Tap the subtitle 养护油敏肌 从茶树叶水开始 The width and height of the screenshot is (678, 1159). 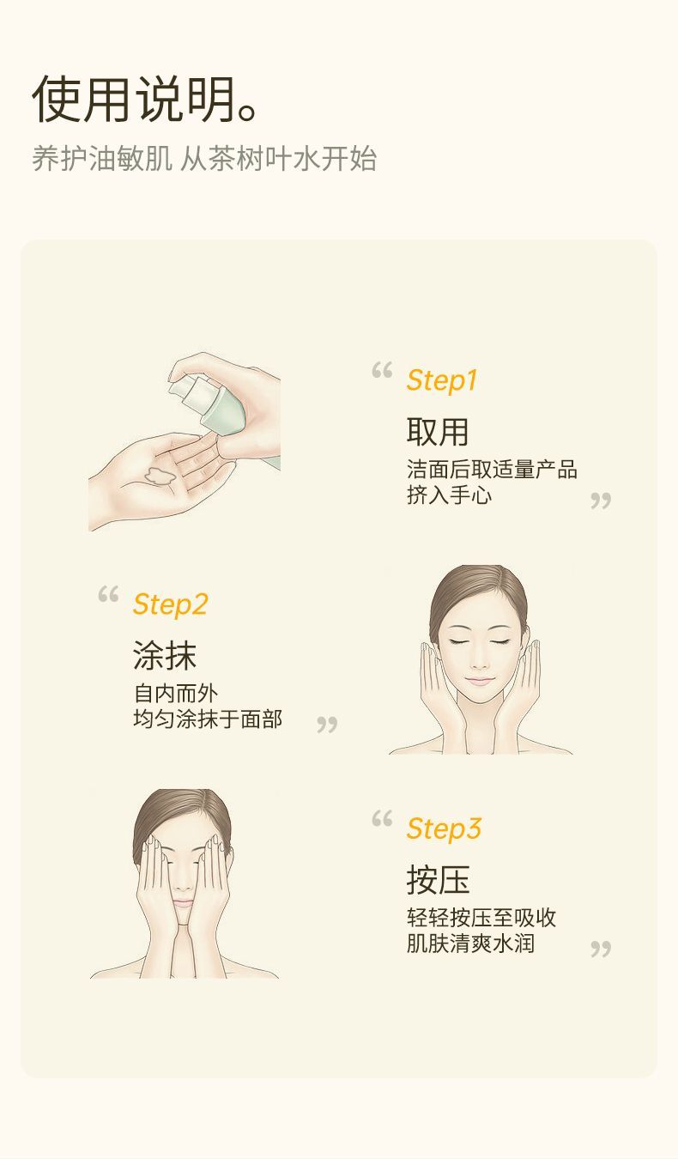pyautogui.click(x=204, y=158)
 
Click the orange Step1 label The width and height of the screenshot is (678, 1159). pyautogui.click(x=441, y=381)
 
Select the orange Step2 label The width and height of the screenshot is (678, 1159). pyautogui.click(x=170, y=605)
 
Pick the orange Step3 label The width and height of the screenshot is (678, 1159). pyautogui.click(x=444, y=828)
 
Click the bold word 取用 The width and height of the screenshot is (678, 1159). pyautogui.click(x=438, y=432)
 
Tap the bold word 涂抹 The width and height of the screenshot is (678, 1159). pyautogui.click(x=165, y=655)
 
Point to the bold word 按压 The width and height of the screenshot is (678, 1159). pyautogui.click(x=438, y=880)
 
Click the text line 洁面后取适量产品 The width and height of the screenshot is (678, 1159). pyautogui.click(x=492, y=470)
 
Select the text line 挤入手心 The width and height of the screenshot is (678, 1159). pyautogui.click(x=449, y=495)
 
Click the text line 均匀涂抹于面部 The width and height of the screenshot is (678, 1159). pyautogui.click(x=208, y=719)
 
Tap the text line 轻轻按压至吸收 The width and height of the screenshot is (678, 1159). pyautogui.click(x=481, y=918)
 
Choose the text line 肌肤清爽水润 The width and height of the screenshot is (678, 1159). pyautogui.click(x=470, y=943)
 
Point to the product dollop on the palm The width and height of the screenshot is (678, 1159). pyautogui.click(x=160, y=475)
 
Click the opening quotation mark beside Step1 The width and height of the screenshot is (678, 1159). pyautogui.click(x=382, y=370)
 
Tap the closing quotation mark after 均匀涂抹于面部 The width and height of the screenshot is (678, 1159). pyautogui.click(x=327, y=725)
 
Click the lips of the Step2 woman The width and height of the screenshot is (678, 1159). pyautogui.click(x=479, y=681)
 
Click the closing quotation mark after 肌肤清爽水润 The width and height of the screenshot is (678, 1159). pyautogui.click(x=601, y=949)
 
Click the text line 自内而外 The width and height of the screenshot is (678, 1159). pyautogui.click(x=175, y=694)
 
